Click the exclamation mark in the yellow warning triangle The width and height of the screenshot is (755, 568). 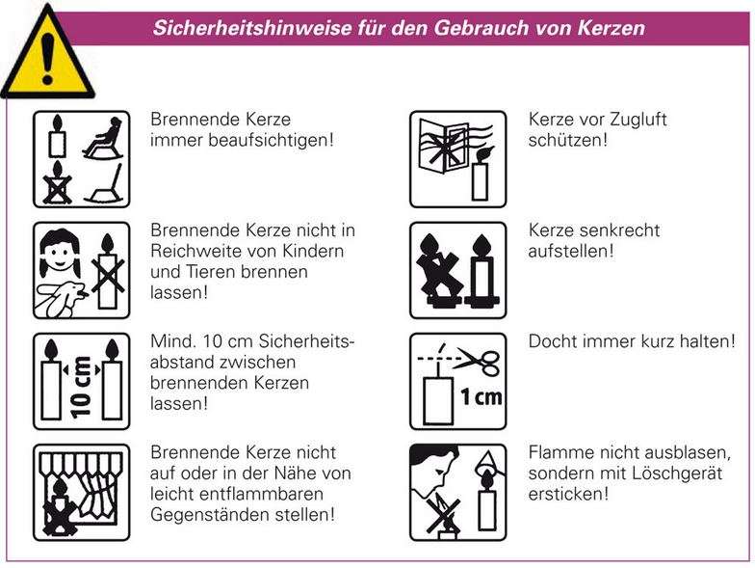coord(47,59)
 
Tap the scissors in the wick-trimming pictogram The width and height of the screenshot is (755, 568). coord(478,362)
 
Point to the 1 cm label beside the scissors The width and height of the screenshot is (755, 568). coord(482,397)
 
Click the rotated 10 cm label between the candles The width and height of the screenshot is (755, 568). coord(81,387)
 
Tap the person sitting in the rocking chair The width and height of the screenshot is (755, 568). coord(103,137)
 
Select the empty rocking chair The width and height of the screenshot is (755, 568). coord(105,185)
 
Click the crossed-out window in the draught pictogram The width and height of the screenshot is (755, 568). coord(443,144)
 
